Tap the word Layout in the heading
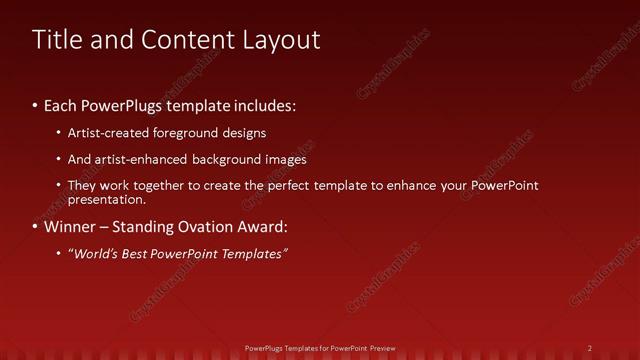tap(283, 40)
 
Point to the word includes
tap(263, 105)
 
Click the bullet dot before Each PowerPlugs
tap(36, 105)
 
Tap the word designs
tap(246, 133)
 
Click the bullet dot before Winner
tap(36, 226)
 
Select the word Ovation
tap(204, 226)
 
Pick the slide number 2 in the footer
tap(590, 348)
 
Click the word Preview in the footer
tap(382, 348)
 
